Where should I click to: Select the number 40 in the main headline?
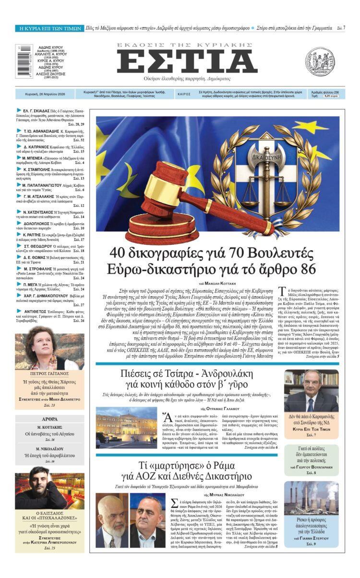(119, 253)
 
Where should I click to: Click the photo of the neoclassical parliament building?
(126, 427)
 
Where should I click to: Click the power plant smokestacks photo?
(311, 499)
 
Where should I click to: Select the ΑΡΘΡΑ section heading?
(49, 419)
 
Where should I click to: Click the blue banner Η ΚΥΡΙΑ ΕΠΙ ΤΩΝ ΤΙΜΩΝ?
(49, 29)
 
